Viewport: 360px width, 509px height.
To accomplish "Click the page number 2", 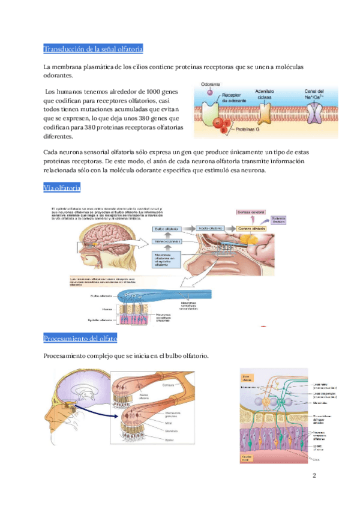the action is click(313, 476).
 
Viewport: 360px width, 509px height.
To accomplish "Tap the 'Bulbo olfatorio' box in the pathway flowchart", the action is click(166, 229).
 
